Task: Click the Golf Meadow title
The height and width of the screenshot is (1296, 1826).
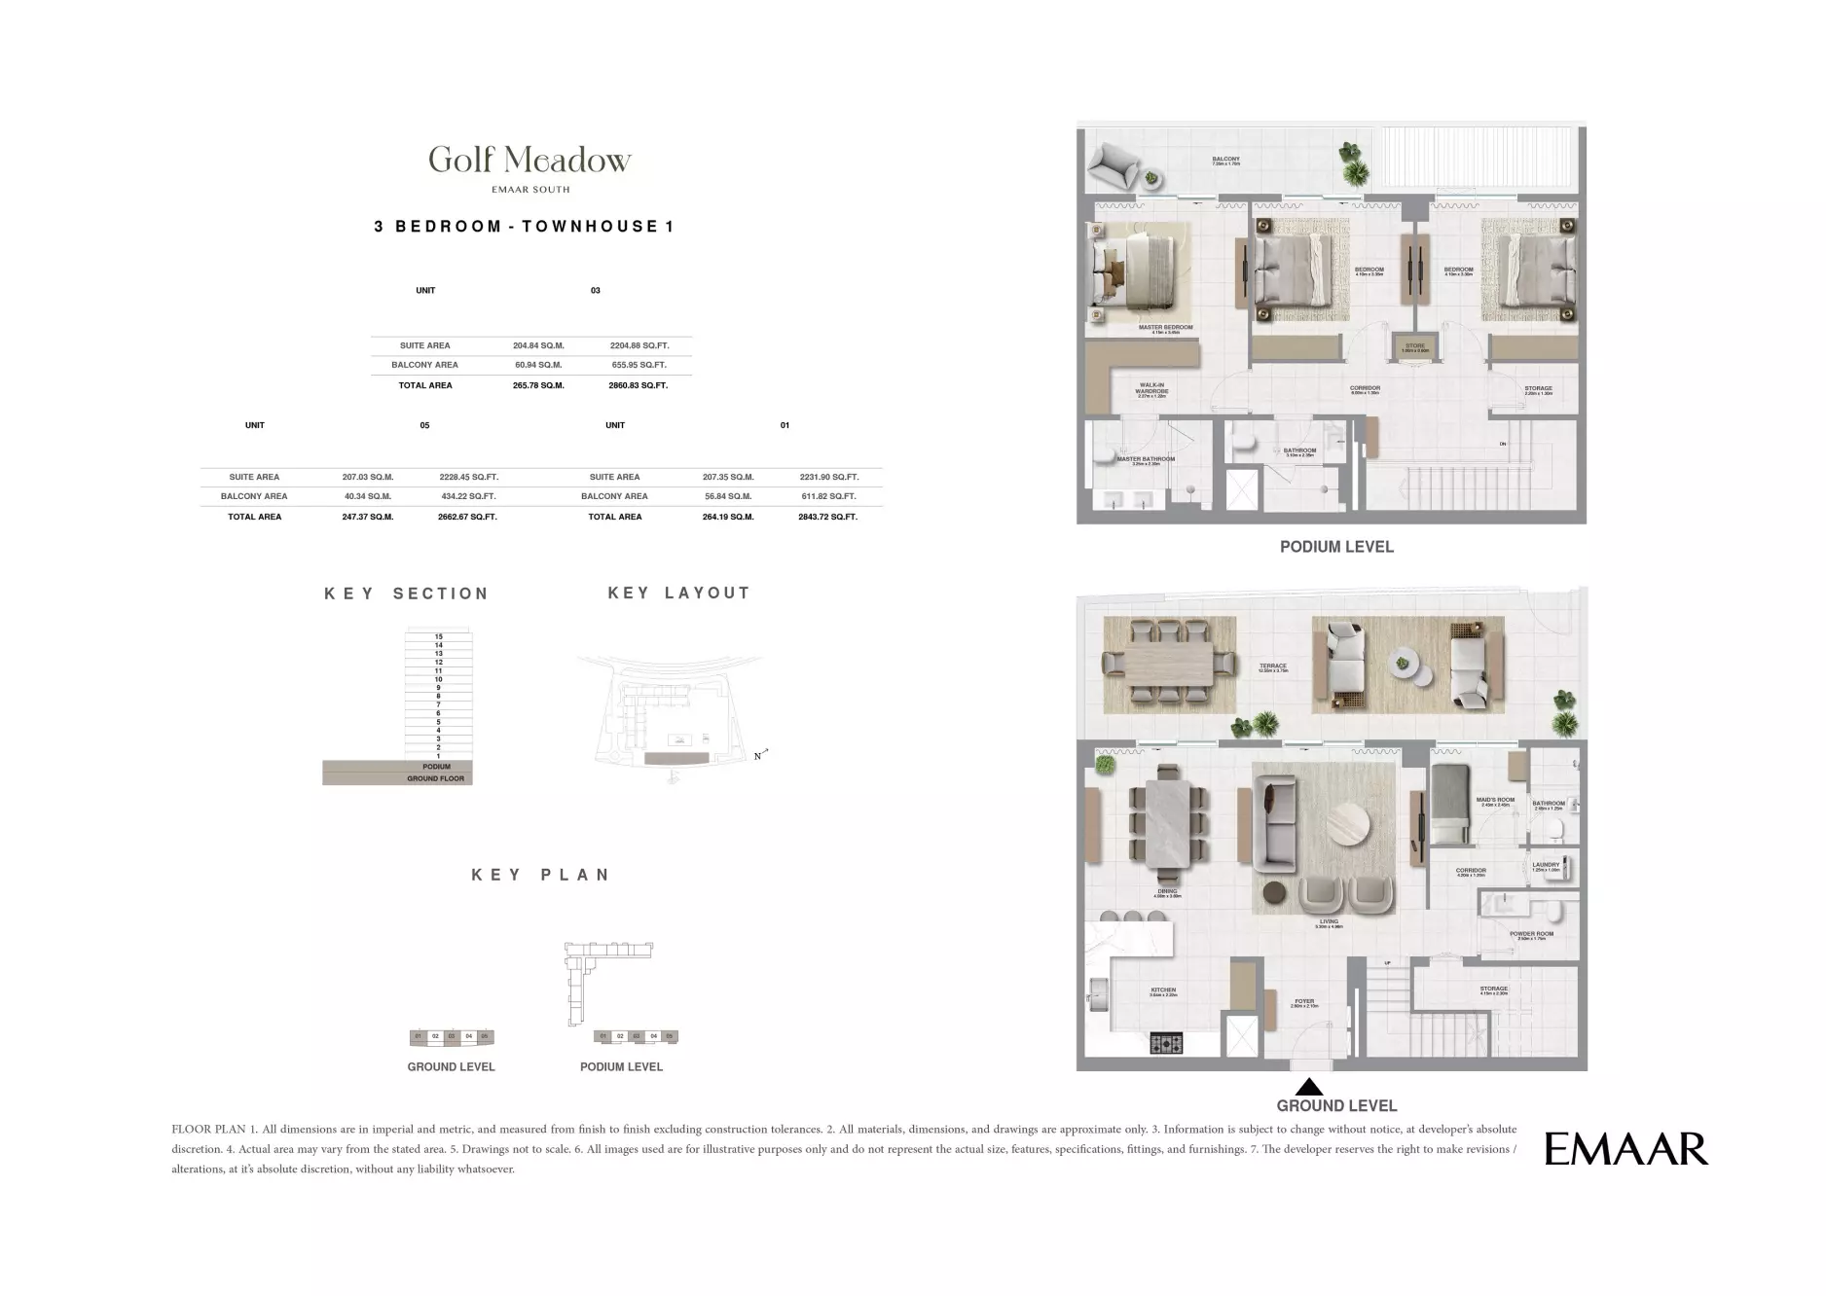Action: click(x=530, y=160)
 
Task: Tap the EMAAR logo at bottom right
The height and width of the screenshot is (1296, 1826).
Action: click(x=1625, y=1149)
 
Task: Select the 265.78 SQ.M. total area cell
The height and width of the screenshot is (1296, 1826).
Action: click(x=538, y=385)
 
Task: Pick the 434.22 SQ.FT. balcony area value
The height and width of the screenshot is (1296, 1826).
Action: click(x=468, y=496)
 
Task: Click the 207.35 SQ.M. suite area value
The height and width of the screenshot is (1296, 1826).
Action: click(x=728, y=477)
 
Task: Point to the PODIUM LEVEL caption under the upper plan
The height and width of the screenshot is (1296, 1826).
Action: click(x=1336, y=547)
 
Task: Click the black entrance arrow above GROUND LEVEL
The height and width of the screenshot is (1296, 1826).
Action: click(x=1310, y=1087)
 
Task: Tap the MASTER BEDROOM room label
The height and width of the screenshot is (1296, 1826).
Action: click(x=1165, y=328)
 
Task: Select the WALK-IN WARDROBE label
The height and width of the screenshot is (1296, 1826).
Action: click(x=1152, y=389)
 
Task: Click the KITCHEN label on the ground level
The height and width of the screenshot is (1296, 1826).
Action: click(x=1163, y=990)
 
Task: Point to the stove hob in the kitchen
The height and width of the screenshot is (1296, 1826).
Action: click(x=1166, y=1043)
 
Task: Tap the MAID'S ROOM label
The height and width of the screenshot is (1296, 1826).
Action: click(x=1495, y=801)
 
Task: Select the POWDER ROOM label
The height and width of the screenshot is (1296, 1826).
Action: click(x=1531, y=934)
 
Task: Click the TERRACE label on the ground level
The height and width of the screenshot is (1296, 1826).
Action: click(x=1273, y=666)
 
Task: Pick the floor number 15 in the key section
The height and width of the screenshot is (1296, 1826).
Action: click(x=439, y=636)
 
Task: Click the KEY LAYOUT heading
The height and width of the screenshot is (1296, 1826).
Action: click(x=678, y=593)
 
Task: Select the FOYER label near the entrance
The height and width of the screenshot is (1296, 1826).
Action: click(x=1304, y=1001)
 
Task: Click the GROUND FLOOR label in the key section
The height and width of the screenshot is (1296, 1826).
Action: click(x=435, y=778)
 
